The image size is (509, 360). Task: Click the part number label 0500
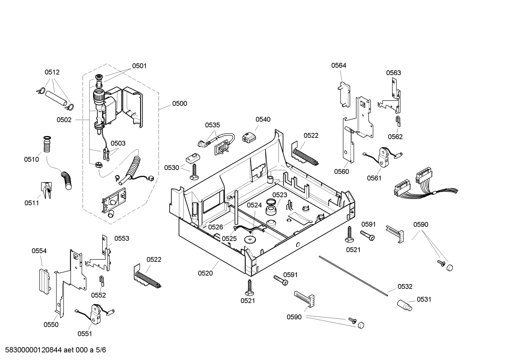(x=179, y=104)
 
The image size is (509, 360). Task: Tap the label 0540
(x=263, y=119)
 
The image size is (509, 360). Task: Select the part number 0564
(x=339, y=65)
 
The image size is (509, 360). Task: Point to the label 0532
(x=405, y=287)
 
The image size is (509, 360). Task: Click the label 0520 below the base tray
(x=205, y=273)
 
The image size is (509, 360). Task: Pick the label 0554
(x=39, y=251)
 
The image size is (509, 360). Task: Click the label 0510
(x=31, y=159)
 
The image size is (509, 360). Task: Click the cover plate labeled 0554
(x=44, y=281)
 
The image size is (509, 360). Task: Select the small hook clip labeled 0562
(x=397, y=121)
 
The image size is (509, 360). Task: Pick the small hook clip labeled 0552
(x=101, y=281)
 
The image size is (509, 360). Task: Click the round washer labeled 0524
(x=250, y=240)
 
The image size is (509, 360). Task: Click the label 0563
(x=393, y=73)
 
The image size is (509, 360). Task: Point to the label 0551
(x=85, y=334)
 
